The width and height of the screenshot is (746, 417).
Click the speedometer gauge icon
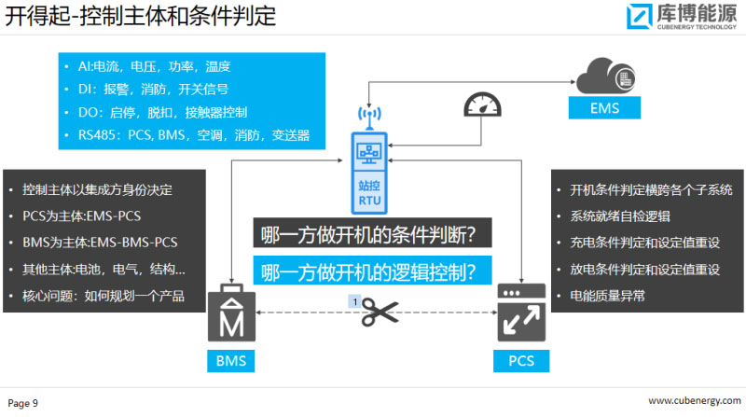tap(483, 107)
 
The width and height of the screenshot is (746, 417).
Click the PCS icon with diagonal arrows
tap(521, 314)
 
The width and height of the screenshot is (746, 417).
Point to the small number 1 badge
tap(354, 300)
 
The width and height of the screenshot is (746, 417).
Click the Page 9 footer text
tap(23, 403)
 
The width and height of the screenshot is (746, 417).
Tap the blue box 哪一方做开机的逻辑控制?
tap(370, 271)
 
